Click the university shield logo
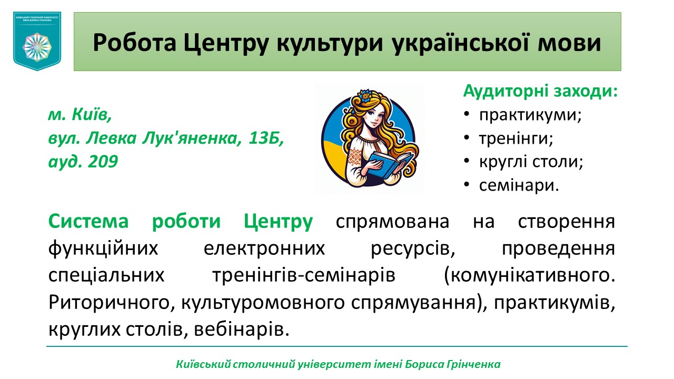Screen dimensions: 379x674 tap(37, 42)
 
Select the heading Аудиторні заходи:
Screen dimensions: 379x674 tap(540, 91)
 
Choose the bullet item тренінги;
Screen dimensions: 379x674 tap(516, 138)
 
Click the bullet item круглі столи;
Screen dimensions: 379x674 tap(531, 162)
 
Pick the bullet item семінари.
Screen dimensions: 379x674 tap(519, 185)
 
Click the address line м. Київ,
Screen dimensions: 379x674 tap(80, 115)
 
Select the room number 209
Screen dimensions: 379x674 tap(103, 162)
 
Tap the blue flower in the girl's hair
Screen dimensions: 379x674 tap(364, 96)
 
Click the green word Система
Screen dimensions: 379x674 tap(88, 222)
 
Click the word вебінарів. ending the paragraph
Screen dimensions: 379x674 tap(242, 330)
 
